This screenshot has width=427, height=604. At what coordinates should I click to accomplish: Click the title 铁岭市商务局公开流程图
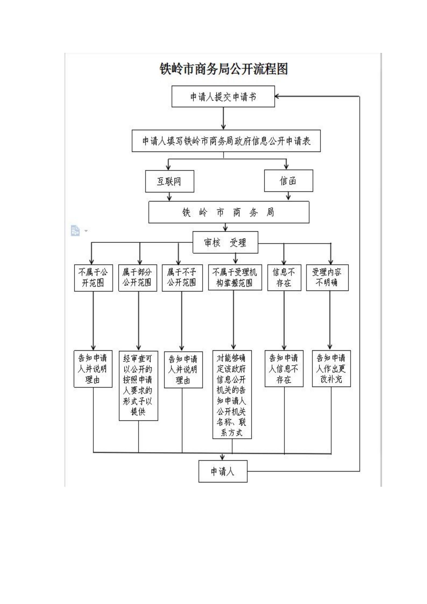tap(224, 69)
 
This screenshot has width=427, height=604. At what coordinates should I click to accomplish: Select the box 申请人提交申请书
tap(223, 97)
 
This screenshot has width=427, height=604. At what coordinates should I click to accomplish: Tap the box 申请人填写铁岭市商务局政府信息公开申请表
tap(226, 141)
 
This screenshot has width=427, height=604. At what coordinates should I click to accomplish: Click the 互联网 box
tap(170, 181)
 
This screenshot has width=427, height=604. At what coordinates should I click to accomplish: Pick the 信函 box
tap(288, 181)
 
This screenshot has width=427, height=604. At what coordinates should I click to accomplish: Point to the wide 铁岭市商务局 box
tap(229, 212)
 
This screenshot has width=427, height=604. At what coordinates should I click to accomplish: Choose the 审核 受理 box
tap(225, 242)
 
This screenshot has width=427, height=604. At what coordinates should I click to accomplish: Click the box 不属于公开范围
tap(93, 278)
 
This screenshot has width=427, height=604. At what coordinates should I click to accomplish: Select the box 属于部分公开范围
tap(138, 278)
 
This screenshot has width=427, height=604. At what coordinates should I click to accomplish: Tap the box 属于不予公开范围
tap(182, 278)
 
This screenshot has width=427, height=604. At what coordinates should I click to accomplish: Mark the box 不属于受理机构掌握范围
tap(235, 277)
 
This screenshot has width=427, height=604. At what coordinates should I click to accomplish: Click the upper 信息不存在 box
tap(284, 278)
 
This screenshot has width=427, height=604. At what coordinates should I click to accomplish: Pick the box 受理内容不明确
tap(327, 278)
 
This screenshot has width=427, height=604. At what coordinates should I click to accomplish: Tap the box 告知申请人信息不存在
tap(284, 368)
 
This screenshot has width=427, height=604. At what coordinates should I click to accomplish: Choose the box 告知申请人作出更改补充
tap(331, 368)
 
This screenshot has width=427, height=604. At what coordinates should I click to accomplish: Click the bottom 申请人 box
tap(223, 471)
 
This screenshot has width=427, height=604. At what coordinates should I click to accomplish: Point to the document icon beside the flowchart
tap(75, 231)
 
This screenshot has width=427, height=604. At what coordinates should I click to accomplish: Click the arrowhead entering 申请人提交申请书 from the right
tap(277, 96)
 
